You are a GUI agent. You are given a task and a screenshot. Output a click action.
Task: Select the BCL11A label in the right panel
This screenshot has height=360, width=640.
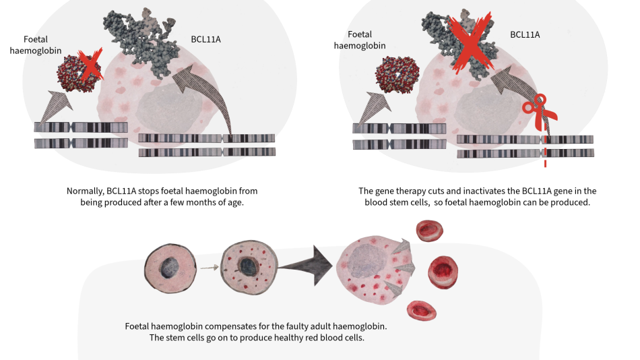coord(525,34)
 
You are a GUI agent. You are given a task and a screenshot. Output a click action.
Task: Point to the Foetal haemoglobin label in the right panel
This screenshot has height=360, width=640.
coord(356,40)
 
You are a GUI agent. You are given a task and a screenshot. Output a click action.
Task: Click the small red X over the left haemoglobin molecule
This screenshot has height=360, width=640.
coord(88,65)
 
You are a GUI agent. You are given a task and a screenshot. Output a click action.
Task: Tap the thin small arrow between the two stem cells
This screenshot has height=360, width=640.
coord(210,267)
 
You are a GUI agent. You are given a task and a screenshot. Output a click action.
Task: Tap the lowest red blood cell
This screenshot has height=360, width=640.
coord(422,309)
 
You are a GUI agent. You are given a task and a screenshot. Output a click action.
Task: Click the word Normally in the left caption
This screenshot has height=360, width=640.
coord(86,191)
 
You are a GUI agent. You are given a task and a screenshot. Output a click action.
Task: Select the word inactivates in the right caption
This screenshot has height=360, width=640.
coord(478,191)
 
